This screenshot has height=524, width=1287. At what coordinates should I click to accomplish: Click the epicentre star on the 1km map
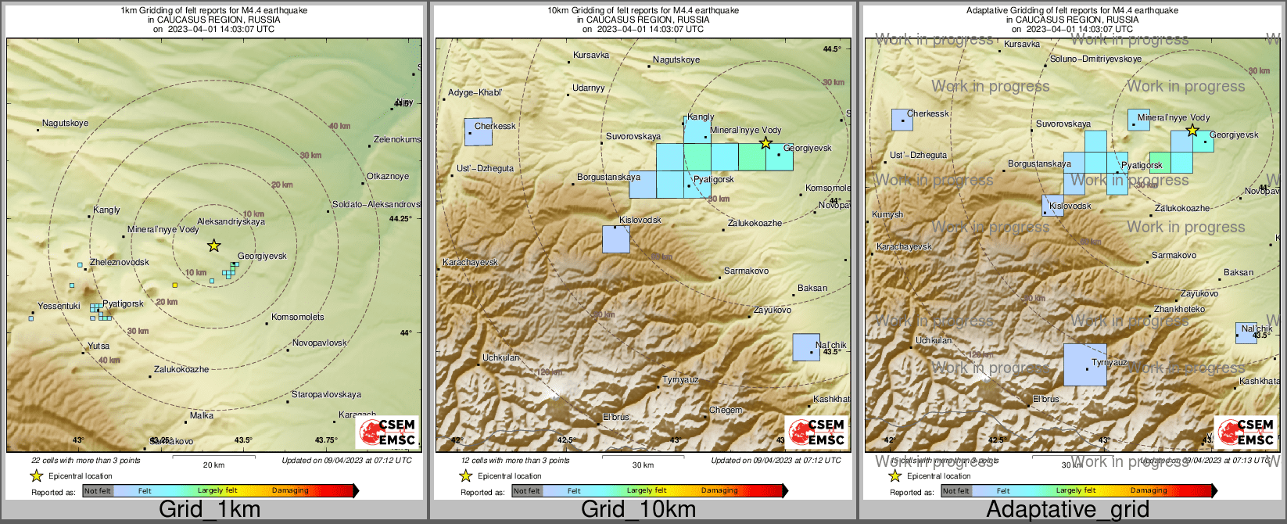213,246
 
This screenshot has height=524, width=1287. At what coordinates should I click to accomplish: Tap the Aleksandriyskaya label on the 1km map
231,222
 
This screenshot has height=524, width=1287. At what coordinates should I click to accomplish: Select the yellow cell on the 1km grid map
174,285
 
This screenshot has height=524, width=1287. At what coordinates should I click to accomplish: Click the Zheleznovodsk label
120,263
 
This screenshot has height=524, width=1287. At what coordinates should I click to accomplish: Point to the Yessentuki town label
59,307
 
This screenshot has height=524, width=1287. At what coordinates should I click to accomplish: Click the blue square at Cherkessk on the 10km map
479,132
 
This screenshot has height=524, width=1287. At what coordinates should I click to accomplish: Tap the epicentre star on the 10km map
765,143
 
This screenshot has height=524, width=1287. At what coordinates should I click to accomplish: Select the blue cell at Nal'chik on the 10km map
806,347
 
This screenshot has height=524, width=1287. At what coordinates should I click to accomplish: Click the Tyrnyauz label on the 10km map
680,380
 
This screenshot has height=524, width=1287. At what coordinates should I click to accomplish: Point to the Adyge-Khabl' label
475,93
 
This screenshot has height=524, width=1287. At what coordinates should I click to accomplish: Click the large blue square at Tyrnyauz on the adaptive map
1084,364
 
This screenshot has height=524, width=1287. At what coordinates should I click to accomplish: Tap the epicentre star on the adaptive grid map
1192,131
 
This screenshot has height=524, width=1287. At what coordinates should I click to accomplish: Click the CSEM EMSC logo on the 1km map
387,432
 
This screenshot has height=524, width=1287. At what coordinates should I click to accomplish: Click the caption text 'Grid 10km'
638,510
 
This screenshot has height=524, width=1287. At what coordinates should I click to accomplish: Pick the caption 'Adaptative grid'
1067,510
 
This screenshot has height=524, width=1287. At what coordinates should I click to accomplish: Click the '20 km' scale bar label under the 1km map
213,465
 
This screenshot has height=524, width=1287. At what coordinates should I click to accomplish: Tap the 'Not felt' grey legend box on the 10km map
527,491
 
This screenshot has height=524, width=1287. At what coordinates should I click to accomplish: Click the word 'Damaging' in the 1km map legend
290,491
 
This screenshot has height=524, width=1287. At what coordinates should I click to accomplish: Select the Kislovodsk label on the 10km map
640,221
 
